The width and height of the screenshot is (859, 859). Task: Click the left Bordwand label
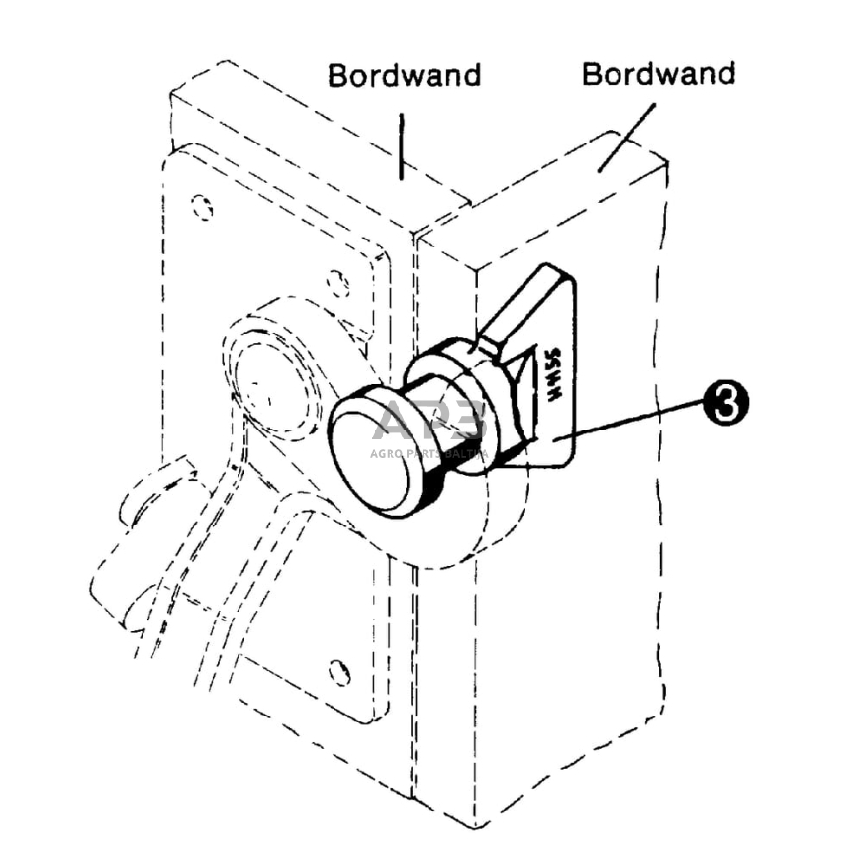pos(404,75)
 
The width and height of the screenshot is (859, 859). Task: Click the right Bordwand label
pos(658,73)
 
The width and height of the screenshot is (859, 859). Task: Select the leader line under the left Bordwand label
pos(401,144)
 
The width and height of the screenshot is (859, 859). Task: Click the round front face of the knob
pos(368,461)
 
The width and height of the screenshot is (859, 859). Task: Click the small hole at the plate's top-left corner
pos(202,208)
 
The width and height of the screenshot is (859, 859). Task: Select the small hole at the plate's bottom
pos(339,672)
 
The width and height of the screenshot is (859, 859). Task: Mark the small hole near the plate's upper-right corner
pos(337,284)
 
